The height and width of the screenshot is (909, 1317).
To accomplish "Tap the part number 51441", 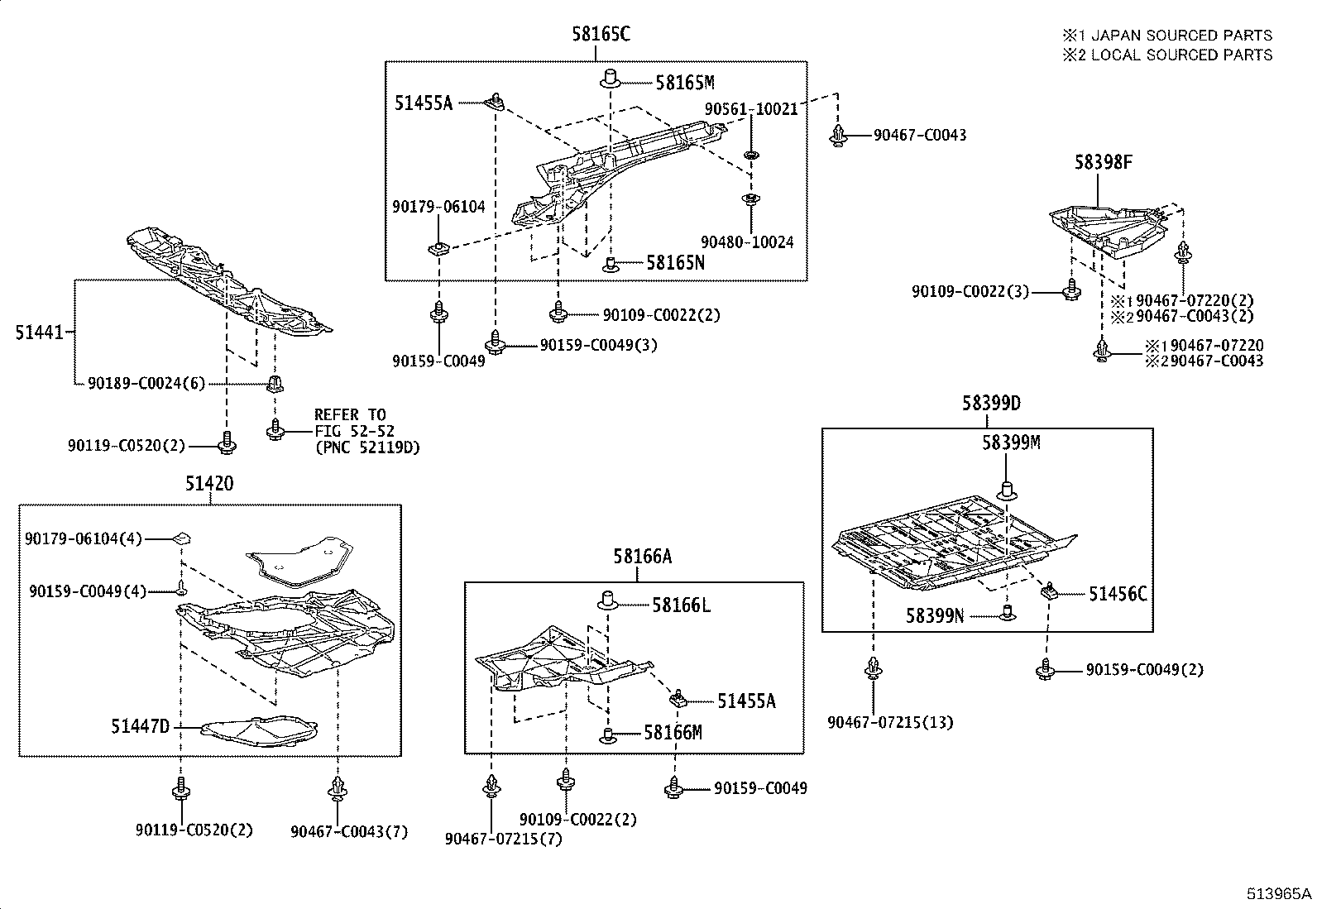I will pos(39,333).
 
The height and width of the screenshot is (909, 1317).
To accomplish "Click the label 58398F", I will pos(1104,162).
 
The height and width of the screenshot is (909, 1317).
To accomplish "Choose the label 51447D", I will pos(140,726).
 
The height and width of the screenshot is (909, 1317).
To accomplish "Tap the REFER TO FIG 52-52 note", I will pos(366,431).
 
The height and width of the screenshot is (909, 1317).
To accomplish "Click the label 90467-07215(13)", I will pos(890,722).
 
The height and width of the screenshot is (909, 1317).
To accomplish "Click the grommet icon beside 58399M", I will pos(1007,490).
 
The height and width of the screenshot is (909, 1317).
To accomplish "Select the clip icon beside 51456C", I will pos(1051,591).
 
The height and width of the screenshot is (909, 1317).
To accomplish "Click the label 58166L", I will pos(681,605).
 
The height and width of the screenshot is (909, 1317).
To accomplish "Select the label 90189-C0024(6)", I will pos(146,383).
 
